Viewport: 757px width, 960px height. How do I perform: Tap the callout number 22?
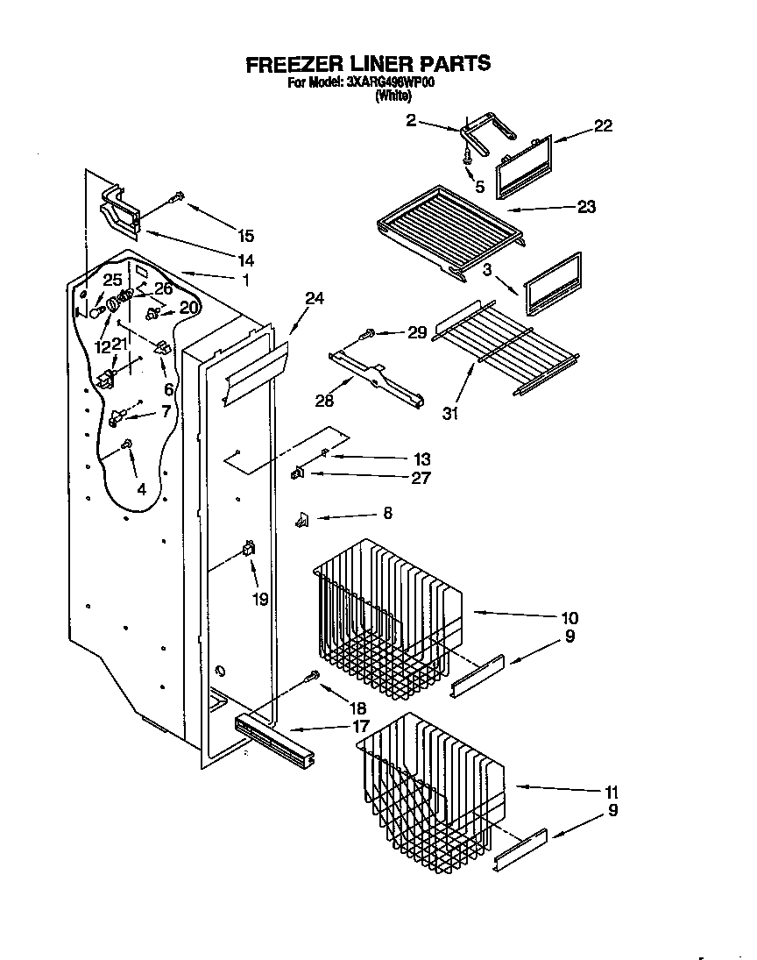point(603,125)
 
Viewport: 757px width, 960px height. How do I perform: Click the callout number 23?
point(586,207)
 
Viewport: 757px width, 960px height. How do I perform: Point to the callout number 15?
point(245,235)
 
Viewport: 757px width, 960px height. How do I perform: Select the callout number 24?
point(314,299)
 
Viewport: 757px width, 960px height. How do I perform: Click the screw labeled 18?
point(310,676)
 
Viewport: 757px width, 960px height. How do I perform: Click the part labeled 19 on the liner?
point(248,550)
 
